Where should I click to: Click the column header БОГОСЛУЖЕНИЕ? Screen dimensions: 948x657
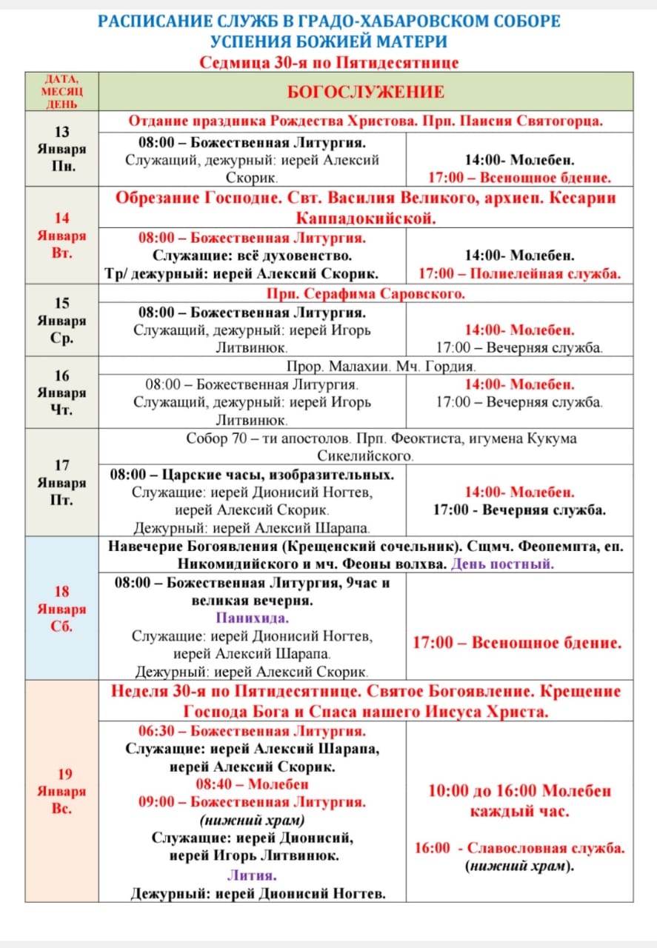(x=366, y=92)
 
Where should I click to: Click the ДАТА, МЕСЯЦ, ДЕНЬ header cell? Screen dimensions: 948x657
(x=61, y=91)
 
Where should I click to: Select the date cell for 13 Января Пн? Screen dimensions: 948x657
(x=61, y=149)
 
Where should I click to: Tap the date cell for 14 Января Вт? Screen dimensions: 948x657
(x=61, y=236)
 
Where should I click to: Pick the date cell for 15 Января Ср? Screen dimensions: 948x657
(x=61, y=321)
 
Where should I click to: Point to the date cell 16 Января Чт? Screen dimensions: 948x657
(x=61, y=393)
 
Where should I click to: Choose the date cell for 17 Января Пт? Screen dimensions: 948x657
(x=61, y=482)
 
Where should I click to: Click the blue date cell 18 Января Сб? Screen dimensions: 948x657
(x=61, y=609)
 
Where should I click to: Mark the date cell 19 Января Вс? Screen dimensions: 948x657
(x=61, y=791)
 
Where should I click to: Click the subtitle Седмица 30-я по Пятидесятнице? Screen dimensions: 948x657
(x=329, y=62)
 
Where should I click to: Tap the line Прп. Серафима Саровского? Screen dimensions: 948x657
(x=366, y=293)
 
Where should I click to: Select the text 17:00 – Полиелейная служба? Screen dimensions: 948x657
(x=519, y=273)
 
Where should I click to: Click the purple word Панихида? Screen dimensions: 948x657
(x=252, y=618)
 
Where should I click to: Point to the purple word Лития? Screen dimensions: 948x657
(x=252, y=875)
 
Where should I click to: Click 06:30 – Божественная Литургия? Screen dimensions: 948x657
(x=252, y=731)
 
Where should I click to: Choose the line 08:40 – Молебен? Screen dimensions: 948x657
(x=252, y=784)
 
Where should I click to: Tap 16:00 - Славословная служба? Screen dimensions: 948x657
(x=519, y=848)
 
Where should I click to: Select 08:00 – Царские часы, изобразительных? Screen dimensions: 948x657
(x=252, y=474)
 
